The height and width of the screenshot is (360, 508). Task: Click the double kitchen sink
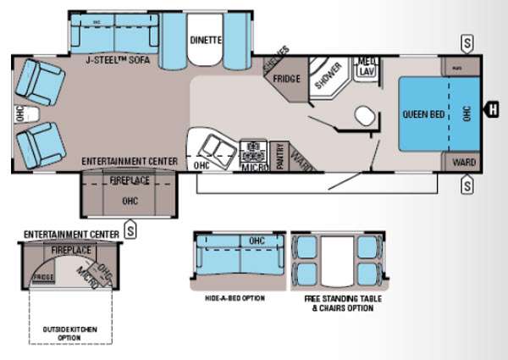pyautogui.click(x=217, y=150)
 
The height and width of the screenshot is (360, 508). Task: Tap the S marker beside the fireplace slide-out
pyautogui.click(x=130, y=226)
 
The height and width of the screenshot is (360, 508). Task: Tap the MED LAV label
pyautogui.click(x=367, y=66)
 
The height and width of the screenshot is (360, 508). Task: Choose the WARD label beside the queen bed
pyautogui.click(x=462, y=162)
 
